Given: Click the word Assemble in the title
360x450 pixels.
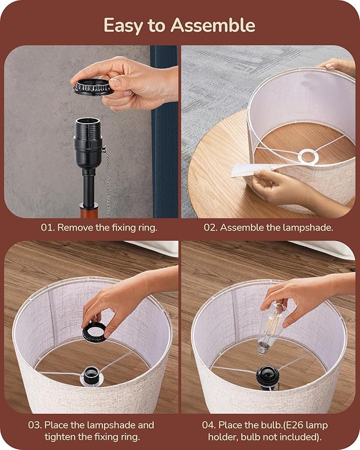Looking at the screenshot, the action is pyautogui.click(x=213, y=25).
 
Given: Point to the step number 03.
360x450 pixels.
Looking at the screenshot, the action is pyautogui.click(x=35, y=425).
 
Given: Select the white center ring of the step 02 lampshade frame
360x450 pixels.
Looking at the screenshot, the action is pyautogui.click(x=309, y=157).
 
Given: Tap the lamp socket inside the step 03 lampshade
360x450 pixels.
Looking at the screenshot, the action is pyautogui.click(x=92, y=376).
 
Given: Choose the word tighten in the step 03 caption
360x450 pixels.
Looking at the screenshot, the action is pyautogui.click(x=60, y=437).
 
